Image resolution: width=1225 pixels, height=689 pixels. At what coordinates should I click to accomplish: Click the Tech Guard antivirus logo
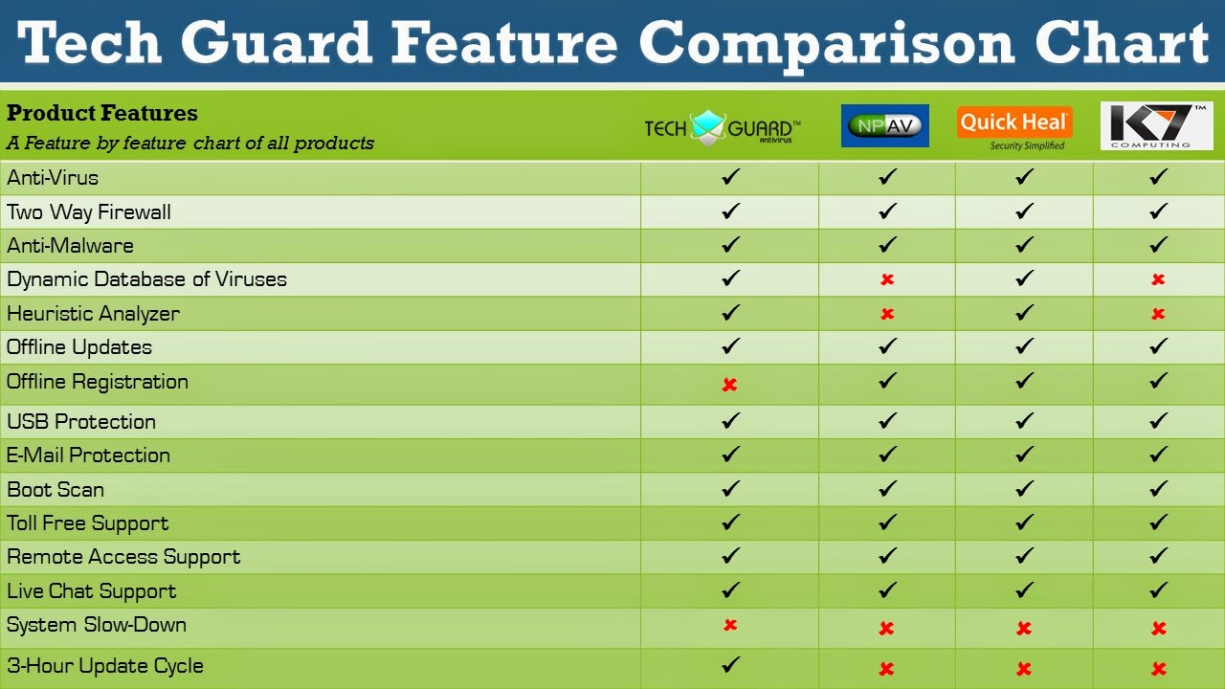[x=723, y=128]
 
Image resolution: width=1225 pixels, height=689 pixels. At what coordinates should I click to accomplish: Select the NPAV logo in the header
[x=885, y=125]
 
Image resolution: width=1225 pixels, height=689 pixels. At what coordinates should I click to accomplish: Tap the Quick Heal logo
[x=1014, y=127]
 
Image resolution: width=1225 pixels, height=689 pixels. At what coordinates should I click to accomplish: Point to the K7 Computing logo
[x=1156, y=125]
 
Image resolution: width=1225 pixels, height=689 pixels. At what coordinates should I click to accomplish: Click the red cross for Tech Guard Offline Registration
[x=729, y=385]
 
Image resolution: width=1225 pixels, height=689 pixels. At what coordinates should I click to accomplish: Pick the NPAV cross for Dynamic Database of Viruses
[x=887, y=279]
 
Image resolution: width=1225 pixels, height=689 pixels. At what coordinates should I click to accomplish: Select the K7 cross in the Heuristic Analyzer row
[x=1158, y=314]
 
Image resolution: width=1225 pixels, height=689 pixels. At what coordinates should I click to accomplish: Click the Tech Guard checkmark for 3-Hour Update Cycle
[x=730, y=663]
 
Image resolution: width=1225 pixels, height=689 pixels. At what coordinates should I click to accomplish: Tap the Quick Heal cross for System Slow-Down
[x=1024, y=629]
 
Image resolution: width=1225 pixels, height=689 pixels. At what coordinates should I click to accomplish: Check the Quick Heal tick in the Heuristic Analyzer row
[x=1025, y=312]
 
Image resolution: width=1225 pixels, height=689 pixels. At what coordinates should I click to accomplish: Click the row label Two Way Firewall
[x=89, y=211]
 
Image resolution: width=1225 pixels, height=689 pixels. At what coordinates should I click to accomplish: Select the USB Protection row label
[x=81, y=421]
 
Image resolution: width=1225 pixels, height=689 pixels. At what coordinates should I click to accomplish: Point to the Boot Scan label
[x=56, y=489]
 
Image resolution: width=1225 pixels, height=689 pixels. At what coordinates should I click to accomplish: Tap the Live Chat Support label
[x=92, y=590]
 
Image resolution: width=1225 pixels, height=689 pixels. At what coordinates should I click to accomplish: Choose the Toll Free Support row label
[x=88, y=523]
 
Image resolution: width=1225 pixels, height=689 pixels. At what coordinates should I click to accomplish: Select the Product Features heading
[x=102, y=113]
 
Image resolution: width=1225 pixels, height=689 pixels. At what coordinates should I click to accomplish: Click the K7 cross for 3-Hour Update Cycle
[x=1158, y=669]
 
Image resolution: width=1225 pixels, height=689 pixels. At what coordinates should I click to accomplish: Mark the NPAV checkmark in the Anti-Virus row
[x=888, y=177]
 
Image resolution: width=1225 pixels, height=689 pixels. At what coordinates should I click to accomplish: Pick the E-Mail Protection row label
[x=89, y=456]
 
